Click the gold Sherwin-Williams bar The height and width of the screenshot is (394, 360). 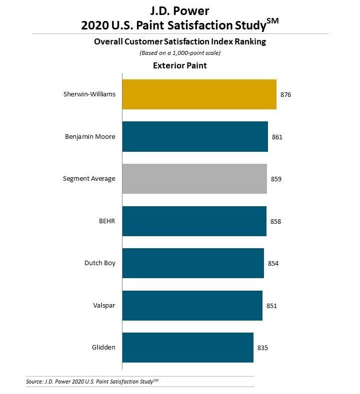pyautogui.click(x=199, y=94)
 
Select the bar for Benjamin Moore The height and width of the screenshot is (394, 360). pyautogui.click(x=195, y=136)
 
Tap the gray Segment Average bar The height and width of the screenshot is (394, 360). pyautogui.click(x=194, y=179)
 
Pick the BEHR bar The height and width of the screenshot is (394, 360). pyautogui.click(x=194, y=221)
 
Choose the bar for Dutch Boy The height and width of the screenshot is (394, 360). pyautogui.click(x=193, y=263)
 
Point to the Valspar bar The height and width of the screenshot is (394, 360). pyautogui.click(x=192, y=306)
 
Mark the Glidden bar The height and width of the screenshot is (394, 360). pyautogui.click(x=187, y=348)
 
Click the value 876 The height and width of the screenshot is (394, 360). pyautogui.click(x=285, y=94)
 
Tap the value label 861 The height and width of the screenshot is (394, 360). pyautogui.click(x=277, y=136)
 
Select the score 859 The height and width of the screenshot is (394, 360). pyautogui.click(x=276, y=179)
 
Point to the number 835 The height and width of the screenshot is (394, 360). pyautogui.click(x=263, y=348)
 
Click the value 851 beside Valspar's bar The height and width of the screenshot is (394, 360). pyautogui.click(x=271, y=306)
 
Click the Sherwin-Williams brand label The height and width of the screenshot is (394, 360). pyautogui.click(x=89, y=94)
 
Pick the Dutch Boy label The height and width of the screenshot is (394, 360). pyautogui.click(x=100, y=263)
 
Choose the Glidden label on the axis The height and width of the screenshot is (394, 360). pyautogui.click(x=104, y=347)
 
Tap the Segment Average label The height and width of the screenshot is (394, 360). pyautogui.click(x=89, y=178)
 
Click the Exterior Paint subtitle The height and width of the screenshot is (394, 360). pyautogui.click(x=179, y=65)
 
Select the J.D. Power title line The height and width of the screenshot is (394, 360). pyautogui.click(x=179, y=10)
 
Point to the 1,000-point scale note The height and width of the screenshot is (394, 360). pyautogui.click(x=179, y=53)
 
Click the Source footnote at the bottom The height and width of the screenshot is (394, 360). pyautogui.click(x=95, y=382)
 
